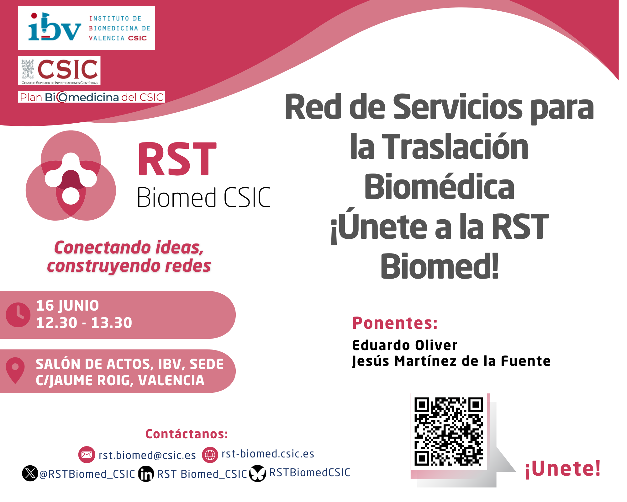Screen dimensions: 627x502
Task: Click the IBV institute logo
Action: point(87,28)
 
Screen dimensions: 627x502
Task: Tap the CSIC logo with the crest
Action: point(59,71)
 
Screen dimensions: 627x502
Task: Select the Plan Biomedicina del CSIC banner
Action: point(92,97)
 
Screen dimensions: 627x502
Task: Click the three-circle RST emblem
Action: point(71,175)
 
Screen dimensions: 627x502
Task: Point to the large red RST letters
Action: point(177,159)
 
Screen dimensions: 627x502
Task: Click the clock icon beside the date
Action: point(18,315)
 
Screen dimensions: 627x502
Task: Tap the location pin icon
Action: point(15,370)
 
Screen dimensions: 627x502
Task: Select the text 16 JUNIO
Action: point(67,306)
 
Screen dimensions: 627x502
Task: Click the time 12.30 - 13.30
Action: point(84,323)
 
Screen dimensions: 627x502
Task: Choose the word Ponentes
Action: point(395,323)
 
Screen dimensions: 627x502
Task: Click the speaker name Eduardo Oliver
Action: point(405,345)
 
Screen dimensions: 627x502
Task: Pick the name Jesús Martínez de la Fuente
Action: point(451,361)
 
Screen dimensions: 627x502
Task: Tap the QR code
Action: point(449,432)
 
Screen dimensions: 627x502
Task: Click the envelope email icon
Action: point(87,455)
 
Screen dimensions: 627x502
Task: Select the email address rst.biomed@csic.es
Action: point(147,455)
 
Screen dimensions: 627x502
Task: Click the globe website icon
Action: point(210,455)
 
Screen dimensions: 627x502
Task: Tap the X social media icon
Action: point(30,473)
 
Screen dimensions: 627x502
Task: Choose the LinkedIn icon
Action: point(146,474)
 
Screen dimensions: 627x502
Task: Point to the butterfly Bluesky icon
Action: point(258,473)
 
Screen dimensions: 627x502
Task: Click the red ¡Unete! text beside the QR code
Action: point(563,469)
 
